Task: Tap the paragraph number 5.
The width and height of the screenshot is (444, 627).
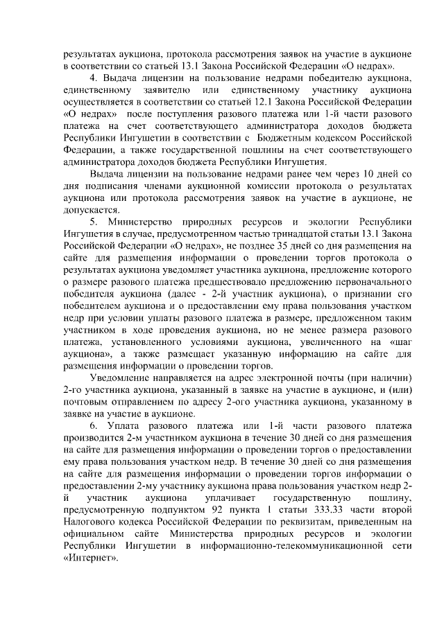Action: point(94,222)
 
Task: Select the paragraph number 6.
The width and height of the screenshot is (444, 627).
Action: point(94,424)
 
